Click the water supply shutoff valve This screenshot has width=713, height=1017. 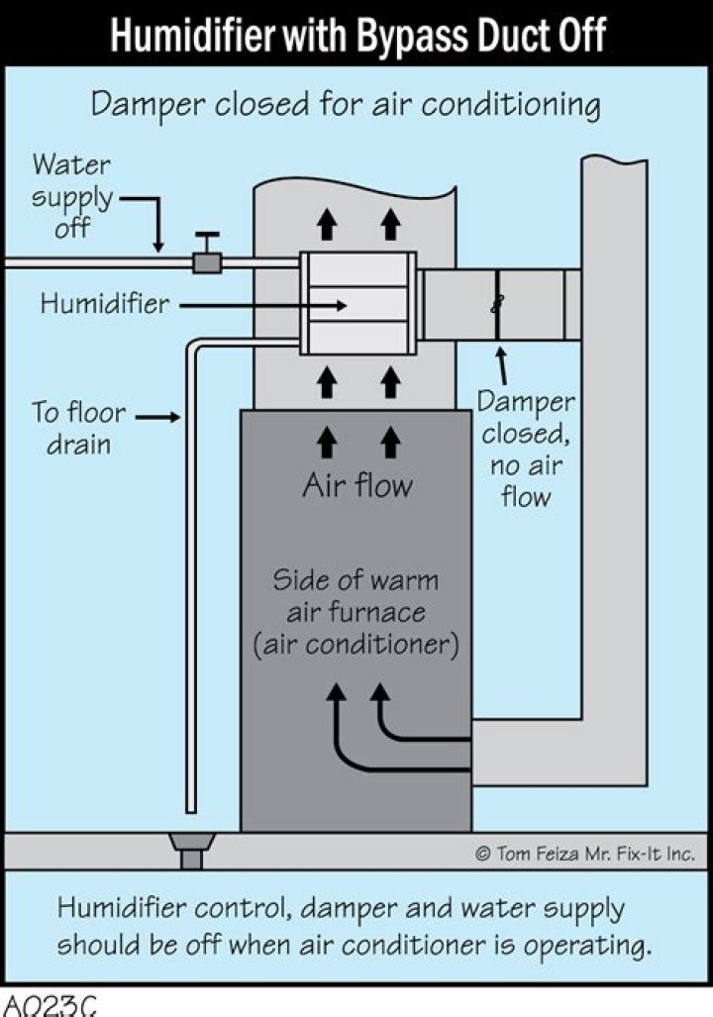[206, 260]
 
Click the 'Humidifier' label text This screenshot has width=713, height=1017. [105, 303]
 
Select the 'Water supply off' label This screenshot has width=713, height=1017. [72, 196]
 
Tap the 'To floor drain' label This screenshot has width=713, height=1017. [78, 427]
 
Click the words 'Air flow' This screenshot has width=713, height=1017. [357, 485]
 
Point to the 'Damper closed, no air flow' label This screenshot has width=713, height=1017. [525, 449]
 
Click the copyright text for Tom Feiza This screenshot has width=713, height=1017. [585, 852]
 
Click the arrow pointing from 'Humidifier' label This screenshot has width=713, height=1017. [262, 305]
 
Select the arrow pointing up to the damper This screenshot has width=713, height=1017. [503, 363]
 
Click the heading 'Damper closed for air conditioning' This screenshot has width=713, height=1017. [346, 104]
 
